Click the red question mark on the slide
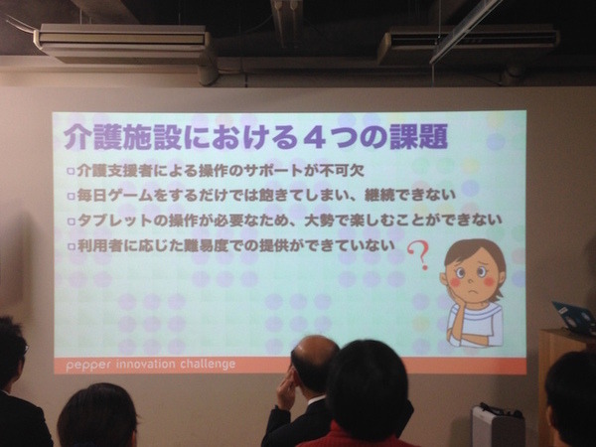(x=422, y=257)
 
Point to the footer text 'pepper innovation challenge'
(x=151, y=364)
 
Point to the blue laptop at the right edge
(x=576, y=317)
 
